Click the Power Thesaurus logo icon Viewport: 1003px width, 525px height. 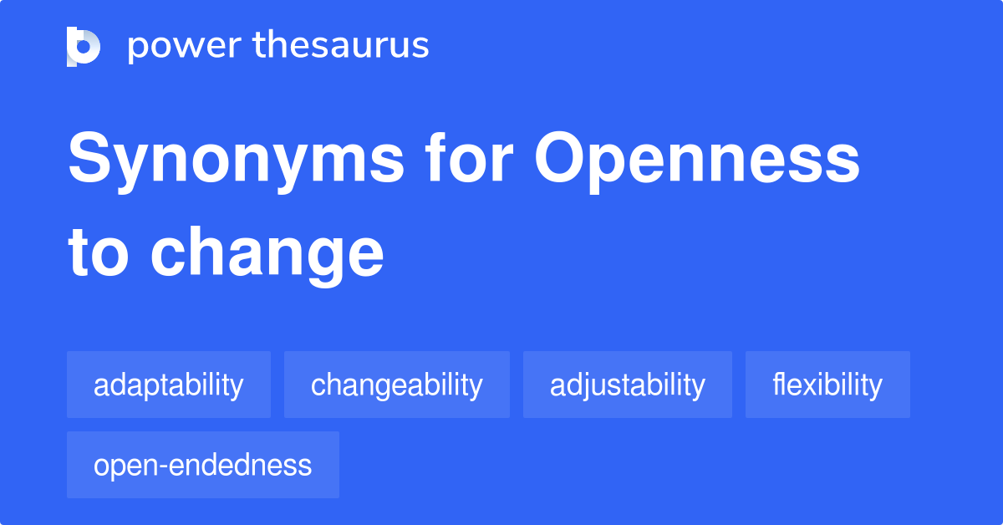[84, 46]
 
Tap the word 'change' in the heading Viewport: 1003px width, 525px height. [267, 255]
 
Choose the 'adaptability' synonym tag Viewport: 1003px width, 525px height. [169, 385]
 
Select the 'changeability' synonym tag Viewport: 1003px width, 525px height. [397, 385]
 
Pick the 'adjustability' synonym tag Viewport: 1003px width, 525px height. [628, 385]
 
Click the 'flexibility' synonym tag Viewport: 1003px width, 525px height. [827, 385]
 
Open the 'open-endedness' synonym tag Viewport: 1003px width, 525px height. [203, 466]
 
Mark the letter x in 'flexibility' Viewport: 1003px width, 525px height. [806, 386]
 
